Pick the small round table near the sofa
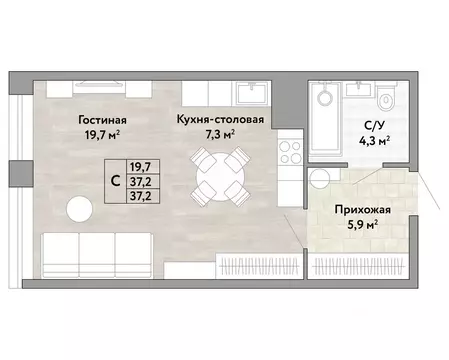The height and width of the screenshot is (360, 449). (79, 209)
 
